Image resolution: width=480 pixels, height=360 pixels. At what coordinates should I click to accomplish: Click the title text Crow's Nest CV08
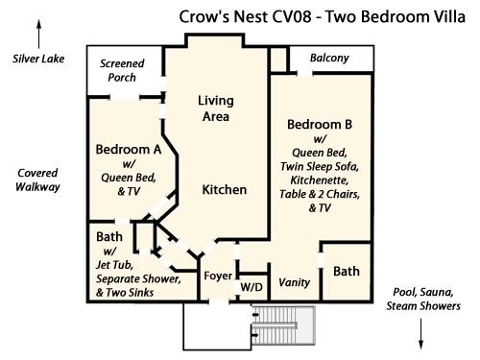tap(245, 16)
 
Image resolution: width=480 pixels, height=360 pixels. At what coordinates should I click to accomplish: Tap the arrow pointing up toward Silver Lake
tap(39, 34)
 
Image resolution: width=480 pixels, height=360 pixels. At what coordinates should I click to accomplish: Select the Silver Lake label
tap(38, 59)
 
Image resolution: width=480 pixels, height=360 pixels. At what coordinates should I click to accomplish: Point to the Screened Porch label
tap(122, 70)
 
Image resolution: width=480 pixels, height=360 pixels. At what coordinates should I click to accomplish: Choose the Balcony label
tap(329, 58)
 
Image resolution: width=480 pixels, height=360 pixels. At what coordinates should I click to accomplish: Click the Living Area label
tap(216, 108)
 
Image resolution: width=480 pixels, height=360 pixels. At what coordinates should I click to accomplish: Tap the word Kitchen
tap(225, 190)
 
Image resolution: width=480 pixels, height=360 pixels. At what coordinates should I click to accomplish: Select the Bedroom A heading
tap(129, 150)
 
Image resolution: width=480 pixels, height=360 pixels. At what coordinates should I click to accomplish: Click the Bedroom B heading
tap(320, 125)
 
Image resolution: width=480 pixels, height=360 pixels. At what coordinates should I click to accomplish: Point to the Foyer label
tap(218, 276)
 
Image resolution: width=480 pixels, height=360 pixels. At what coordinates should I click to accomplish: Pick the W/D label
tap(252, 287)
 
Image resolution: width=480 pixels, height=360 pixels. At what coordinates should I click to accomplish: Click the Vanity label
tap(295, 282)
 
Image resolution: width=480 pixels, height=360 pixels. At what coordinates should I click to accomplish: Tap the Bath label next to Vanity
tap(347, 272)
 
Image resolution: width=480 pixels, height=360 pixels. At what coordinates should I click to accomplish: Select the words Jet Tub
tap(114, 265)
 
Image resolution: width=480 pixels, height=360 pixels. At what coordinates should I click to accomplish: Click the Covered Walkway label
tap(37, 180)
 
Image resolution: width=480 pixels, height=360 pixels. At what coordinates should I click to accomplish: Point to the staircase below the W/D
tap(283, 325)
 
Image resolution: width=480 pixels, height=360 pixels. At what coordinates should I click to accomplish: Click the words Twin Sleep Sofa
tap(320, 167)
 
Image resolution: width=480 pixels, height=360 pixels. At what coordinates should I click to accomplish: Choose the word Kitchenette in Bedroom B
tap(320, 180)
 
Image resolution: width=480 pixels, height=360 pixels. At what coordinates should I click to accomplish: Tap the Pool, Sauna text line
tap(423, 292)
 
